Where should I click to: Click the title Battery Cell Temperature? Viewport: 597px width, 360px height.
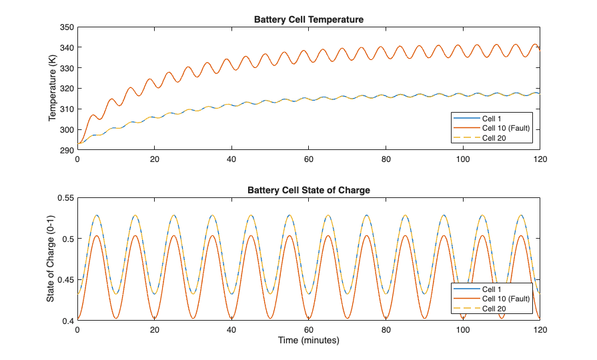click(309, 19)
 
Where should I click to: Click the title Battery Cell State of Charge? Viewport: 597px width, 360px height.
click(309, 190)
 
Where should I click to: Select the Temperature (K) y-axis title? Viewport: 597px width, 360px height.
click(53, 89)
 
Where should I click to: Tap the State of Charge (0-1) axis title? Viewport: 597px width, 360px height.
click(51, 259)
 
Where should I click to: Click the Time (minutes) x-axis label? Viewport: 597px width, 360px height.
click(309, 341)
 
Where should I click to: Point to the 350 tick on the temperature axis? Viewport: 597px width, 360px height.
click(67, 27)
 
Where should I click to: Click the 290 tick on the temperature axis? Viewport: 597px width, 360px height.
click(67, 150)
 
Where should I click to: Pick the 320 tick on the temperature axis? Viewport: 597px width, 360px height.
click(67, 89)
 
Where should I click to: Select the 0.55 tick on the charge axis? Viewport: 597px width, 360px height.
click(65, 198)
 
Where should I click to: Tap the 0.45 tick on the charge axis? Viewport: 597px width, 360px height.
click(65, 280)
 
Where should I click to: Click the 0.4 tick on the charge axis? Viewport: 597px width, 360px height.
click(67, 321)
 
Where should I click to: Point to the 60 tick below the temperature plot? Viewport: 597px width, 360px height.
click(309, 160)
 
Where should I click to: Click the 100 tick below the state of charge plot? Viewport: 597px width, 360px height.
click(463, 331)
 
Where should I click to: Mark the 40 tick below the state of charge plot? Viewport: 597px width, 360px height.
click(231, 331)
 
